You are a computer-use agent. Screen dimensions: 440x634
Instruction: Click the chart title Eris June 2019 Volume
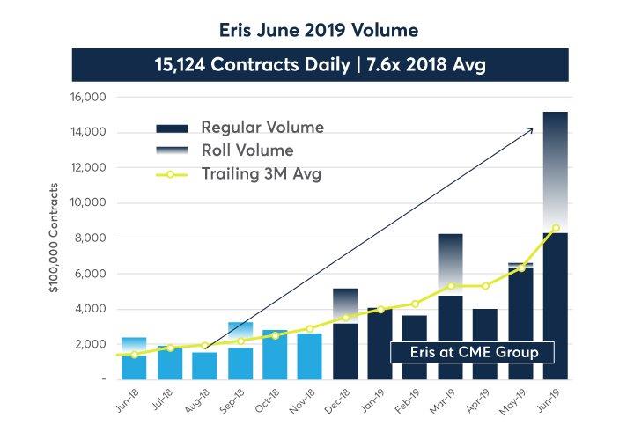tap(319, 30)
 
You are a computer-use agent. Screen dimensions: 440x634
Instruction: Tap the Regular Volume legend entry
tap(262, 128)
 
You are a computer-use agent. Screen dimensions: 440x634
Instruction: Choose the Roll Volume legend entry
tap(247, 150)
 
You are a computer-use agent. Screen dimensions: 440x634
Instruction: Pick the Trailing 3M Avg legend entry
tap(261, 173)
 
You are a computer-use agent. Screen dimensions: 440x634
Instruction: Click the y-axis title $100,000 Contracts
tap(55, 238)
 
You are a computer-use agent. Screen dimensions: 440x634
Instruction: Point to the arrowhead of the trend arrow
tap(531, 129)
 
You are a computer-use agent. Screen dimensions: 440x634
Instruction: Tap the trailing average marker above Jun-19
tap(555, 227)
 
